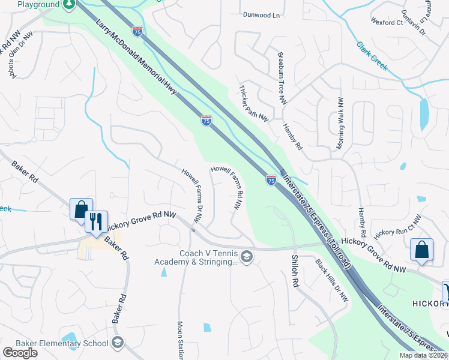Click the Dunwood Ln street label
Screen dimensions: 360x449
[x=262, y=15]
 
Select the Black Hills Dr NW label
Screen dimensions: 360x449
[x=332, y=283]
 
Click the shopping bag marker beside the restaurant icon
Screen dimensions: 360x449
[x=80, y=209]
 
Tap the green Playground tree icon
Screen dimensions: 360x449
[x=69, y=4]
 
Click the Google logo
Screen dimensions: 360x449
[x=20, y=353]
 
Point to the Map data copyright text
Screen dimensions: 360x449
[x=424, y=355]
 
